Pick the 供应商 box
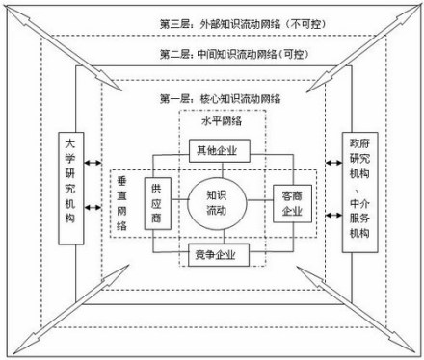pyautogui.click(x=157, y=202)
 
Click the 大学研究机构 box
pyautogui.click(x=70, y=189)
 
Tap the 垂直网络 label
pyautogui.click(x=122, y=203)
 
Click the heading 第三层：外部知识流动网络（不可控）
pyautogui.click(x=213, y=20)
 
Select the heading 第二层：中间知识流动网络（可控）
pyautogui.click(x=213, y=54)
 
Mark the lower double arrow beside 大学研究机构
pyautogui.click(x=93, y=228)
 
